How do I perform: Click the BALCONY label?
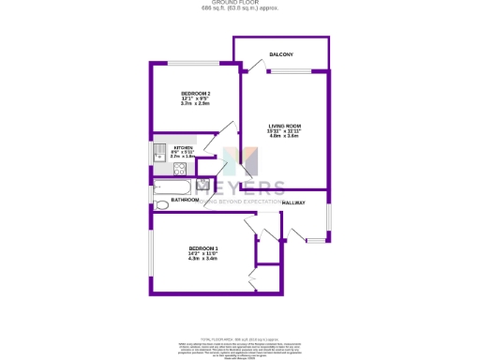pyautogui.click(x=281, y=55)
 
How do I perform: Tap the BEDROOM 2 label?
pyautogui.click(x=196, y=94)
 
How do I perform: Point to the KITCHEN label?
pyautogui.click(x=183, y=148)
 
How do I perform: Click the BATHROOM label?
pyautogui.click(x=185, y=200)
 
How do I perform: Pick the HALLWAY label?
pyautogui.click(x=293, y=202)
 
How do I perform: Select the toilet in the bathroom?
pyautogui.click(x=159, y=203)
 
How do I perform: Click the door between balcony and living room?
pyautogui.click(x=250, y=67)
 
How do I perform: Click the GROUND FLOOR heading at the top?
pyautogui.click(x=239, y=4)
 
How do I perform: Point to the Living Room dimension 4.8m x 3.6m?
pyautogui.click(x=285, y=137)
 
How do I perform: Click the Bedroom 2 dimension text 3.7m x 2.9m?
pyautogui.click(x=196, y=106)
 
